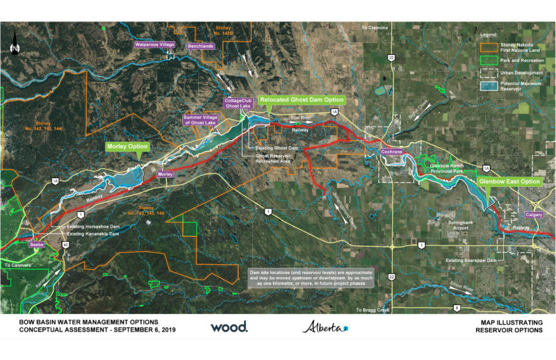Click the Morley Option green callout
coord(129,147)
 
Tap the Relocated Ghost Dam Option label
coord(302,100)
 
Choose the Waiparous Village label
coord(154,44)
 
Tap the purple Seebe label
coord(37,245)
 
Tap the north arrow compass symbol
coord(14,47)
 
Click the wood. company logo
coord(229,327)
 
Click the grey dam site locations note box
coord(311,278)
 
